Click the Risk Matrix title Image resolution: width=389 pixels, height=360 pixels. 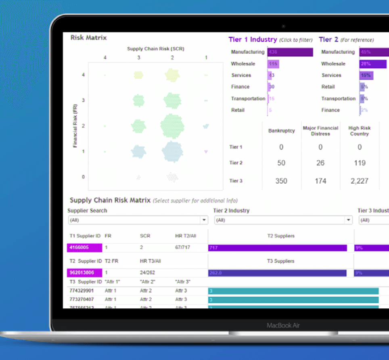89,38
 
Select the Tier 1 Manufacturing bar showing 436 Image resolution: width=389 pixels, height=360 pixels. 290,52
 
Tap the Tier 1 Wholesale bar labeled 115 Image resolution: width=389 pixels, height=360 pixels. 273,64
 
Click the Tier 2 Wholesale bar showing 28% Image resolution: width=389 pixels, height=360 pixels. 373,64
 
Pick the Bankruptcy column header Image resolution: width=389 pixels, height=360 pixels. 281,131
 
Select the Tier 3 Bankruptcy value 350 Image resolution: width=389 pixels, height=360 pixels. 281,181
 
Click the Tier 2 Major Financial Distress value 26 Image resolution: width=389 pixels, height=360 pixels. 320,163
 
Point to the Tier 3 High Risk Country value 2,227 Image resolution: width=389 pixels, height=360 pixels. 359,181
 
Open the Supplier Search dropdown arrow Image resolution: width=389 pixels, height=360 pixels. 204,220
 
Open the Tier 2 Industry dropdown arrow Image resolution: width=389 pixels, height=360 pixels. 348,220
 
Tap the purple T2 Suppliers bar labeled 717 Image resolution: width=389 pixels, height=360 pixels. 277,248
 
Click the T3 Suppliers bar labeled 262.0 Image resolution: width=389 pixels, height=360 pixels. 277,273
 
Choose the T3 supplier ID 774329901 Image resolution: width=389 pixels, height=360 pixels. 82,291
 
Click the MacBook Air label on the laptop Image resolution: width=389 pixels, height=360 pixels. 283,325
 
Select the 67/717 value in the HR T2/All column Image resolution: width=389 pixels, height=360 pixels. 183,247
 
